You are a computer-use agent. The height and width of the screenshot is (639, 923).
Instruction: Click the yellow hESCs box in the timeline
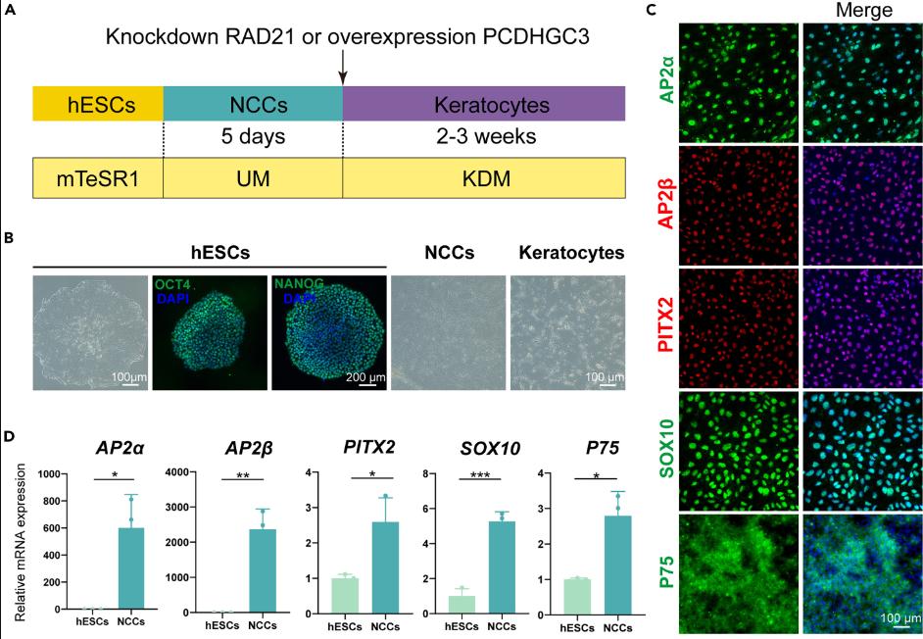click(x=97, y=103)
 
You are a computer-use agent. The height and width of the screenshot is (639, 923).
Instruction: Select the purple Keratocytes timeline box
click(x=484, y=103)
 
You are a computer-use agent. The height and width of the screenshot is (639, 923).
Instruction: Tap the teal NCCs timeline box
click(x=253, y=103)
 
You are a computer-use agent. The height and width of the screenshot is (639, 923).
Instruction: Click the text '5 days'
click(x=253, y=135)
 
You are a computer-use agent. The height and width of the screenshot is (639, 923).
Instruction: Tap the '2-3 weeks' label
click(x=484, y=135)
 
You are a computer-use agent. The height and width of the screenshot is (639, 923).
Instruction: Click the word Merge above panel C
click(x=864, y=11)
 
